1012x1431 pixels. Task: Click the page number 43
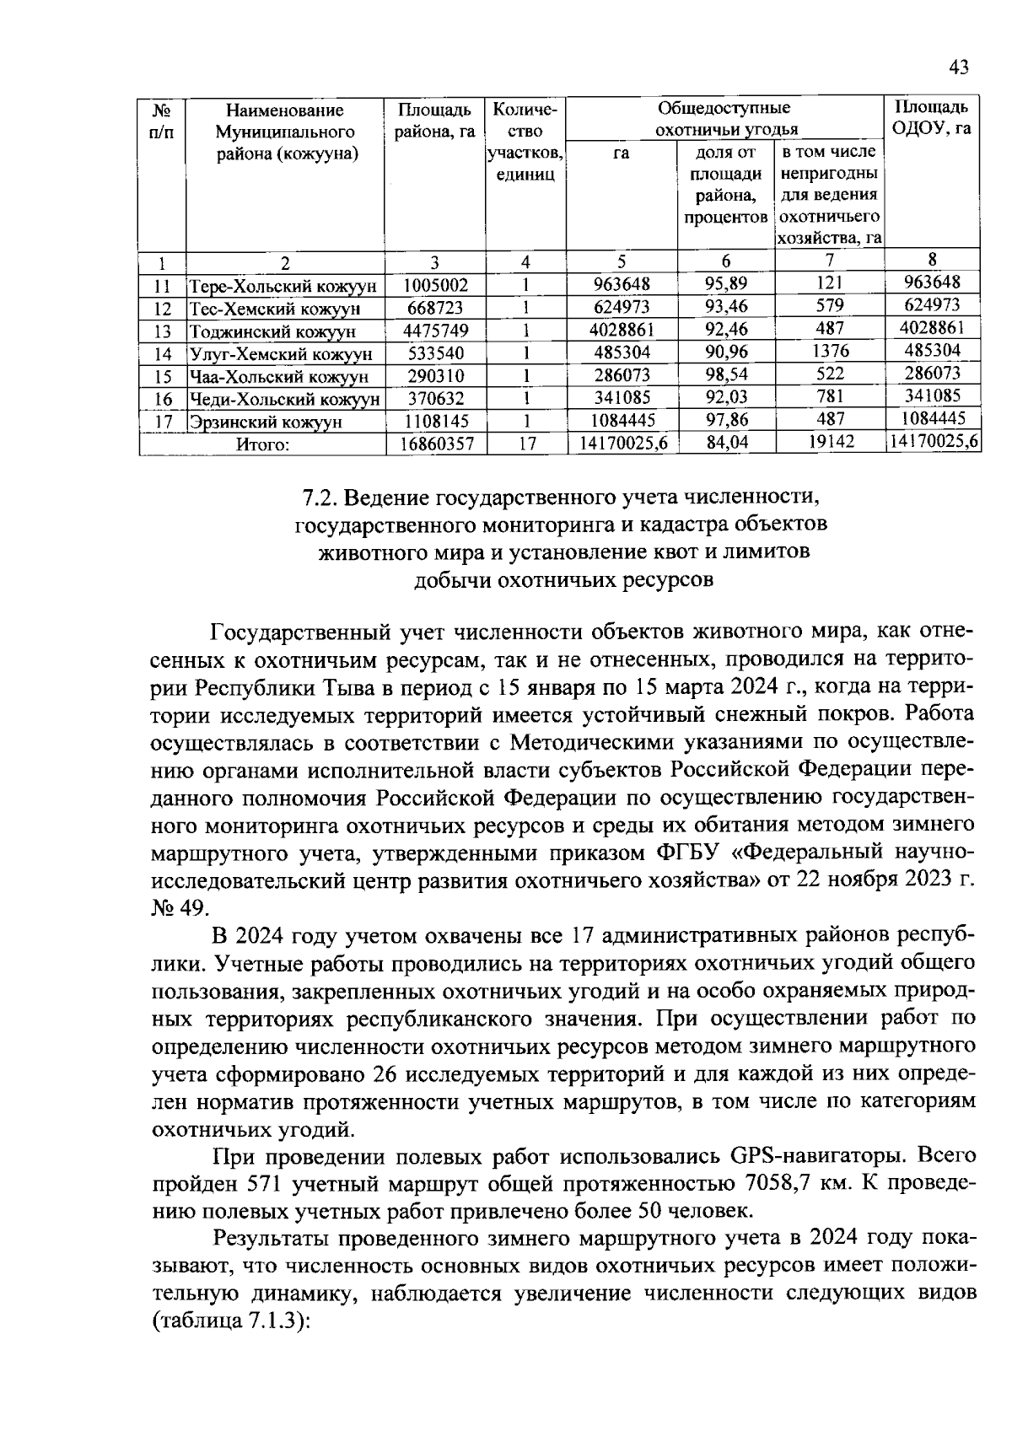[960, 67]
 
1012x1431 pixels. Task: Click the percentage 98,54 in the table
[726, 374]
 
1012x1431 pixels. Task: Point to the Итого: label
[262, 444]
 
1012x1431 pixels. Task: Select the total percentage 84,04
[726, 443]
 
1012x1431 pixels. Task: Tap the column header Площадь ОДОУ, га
[931, 118]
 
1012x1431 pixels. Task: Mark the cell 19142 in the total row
[831, 442]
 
